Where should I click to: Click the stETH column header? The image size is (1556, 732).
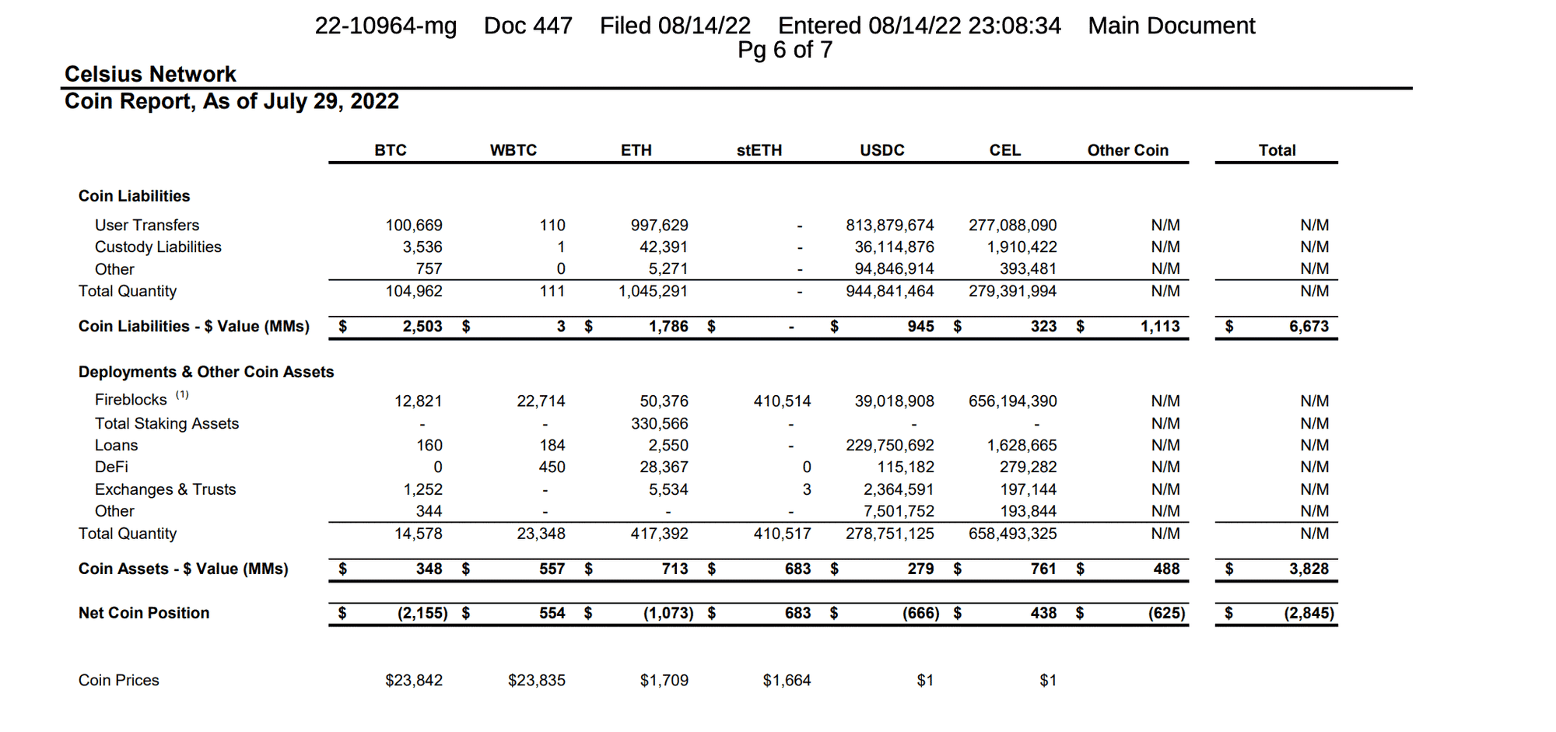(759, 150)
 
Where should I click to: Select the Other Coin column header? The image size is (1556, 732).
(1127, 150)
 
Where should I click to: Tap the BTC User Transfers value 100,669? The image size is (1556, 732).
(414, 226)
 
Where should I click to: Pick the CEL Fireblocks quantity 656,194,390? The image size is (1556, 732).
(1012, 401)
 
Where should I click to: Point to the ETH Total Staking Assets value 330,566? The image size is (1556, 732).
(659, 424)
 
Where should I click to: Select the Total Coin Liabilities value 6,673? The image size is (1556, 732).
(1309, 327)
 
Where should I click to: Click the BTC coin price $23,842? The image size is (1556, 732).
(414, 681)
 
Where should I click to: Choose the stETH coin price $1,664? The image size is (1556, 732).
(787, 681)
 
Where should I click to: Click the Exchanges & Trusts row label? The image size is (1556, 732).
(165, 490)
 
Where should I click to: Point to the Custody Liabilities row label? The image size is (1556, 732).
(158, 247)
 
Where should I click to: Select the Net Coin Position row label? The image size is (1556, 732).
(144, 613)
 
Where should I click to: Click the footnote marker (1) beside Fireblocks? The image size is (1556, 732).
(181, 395)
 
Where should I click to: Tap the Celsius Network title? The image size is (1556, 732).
(150, 75)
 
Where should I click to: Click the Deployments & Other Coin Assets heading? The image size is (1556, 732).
(206, 372)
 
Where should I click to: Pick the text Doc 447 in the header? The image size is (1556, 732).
(527, 26)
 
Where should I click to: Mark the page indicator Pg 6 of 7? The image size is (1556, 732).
(785, 50)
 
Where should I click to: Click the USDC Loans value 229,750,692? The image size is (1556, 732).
(889, 446)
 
